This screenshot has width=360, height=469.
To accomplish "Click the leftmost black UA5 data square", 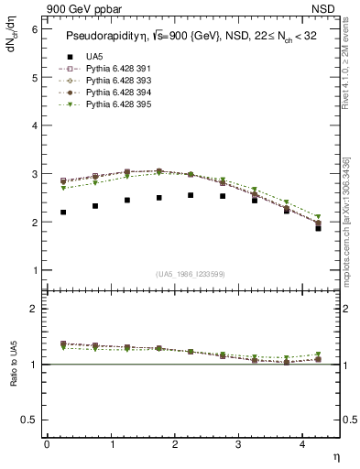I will coord(63,213).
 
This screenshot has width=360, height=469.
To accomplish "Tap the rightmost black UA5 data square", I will coord(318,228).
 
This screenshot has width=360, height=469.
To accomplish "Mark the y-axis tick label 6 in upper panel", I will coord(34,29).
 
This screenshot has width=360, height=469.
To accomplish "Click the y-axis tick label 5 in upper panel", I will coord(34,78).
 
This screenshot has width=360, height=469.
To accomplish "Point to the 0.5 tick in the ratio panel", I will coord(30,420).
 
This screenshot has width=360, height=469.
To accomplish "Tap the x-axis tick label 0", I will coord(47,443).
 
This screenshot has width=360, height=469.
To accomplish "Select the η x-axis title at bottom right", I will coord(334,456).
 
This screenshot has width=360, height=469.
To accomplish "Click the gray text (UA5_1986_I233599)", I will coord(191,274).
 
